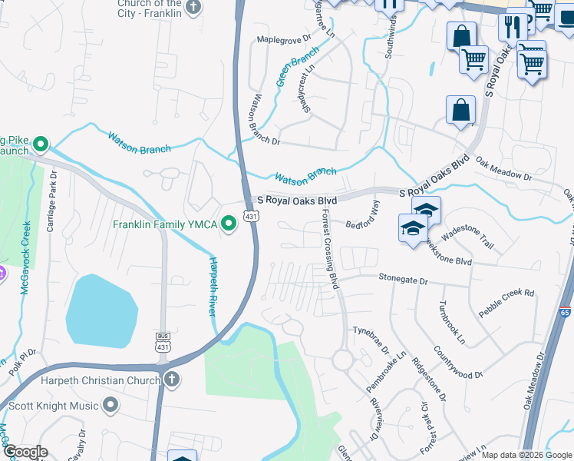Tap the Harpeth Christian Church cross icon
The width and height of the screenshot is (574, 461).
point(172,379)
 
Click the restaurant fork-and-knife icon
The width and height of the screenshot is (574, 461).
point(511,27)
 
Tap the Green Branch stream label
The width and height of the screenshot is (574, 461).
point(296,67)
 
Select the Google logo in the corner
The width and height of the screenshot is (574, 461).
point(25,452)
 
